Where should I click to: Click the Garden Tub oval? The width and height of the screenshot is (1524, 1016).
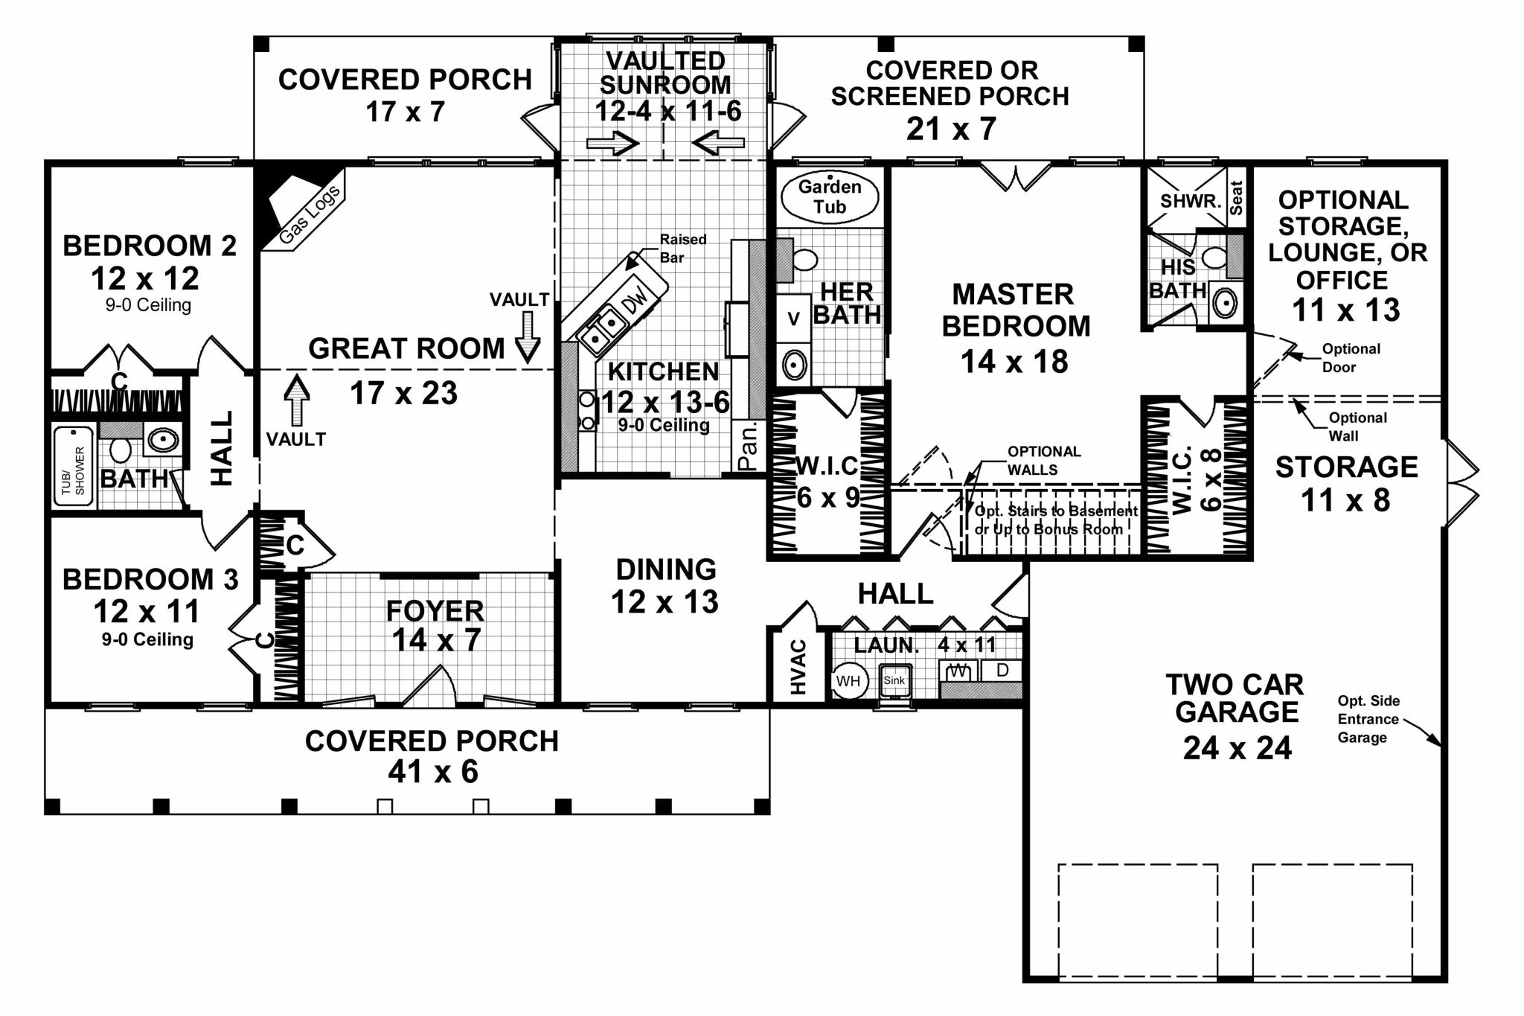(x=830, y=197)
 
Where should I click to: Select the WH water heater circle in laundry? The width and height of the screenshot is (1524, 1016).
(x=848, y=681)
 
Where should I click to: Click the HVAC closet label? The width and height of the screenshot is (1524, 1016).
(x=798, y=667)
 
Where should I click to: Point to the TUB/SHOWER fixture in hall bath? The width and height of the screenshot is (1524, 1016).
(x=74, y=467)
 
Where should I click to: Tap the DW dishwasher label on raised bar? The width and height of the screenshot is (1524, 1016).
(x=635, y=301)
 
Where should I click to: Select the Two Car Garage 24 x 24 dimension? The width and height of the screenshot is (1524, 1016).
(x=1237, y=747)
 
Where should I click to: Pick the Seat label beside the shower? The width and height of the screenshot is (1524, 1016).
(x=1236, y=198)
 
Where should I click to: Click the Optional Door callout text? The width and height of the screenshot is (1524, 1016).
(x=1350, y=358)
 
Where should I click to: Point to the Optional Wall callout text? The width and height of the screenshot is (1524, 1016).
(x=1357, y=426)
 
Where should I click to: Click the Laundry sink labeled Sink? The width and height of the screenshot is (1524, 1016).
(x=894, y=681)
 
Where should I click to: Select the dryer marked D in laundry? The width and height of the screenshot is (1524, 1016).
(x=1002, y=671)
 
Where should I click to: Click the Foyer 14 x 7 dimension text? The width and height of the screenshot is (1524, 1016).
(x=435, y=640)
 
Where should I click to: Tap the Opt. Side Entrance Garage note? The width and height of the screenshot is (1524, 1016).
(x=1368, y=719)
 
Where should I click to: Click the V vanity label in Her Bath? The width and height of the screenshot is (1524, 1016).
(x=794, y=319)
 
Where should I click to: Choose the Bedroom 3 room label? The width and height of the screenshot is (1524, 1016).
(x=150, y=579)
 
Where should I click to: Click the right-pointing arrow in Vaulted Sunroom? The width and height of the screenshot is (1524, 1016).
(x=612, y=143)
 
